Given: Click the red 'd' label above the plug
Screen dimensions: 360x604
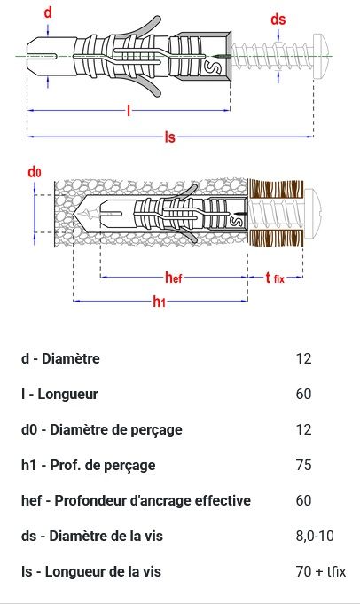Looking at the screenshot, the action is pyautogui.click(x=48, y=12).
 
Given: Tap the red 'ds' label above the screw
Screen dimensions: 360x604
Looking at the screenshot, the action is pyautogui.click(x=278, y=20).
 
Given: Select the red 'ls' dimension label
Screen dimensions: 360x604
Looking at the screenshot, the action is pyautogui.click(x=169, y=137).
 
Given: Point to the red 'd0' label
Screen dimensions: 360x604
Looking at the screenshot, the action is pyautogui.click(x=35, y=172).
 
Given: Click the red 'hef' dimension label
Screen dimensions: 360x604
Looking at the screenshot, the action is pyautogui.click(x=174, y=277).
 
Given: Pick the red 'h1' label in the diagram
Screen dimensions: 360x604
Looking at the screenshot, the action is pyautogui.click(x=159, y=302).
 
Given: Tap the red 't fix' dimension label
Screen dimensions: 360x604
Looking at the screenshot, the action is pyautogui.click(x=275, y=278).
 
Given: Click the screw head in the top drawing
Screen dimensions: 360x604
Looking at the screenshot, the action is pyautogui.click(x=322, y=56).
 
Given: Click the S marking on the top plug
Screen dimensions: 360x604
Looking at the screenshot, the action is pyautogui.click(x=216, y=67).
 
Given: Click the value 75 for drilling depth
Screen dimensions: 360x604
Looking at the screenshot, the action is pyautogui.click(x=303, y=465).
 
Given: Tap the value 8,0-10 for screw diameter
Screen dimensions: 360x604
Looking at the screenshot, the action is pyautogui.click(x=315, y=536).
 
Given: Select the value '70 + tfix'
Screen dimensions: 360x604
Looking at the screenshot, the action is pyautogui.click(x=321, y=571).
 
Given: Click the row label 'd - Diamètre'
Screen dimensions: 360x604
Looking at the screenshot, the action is pyautogui.click(x=60, y=358).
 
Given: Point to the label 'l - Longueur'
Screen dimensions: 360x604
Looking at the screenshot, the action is pyautogui.click(x=59, y=394).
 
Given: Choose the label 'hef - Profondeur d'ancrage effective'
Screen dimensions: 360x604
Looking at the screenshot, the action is pyautogui.click(x=136, y=500).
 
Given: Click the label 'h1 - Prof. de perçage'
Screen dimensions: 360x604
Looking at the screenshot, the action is pyautogui.click(x=88, y=465).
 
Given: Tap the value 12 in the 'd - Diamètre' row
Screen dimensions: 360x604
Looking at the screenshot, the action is pyautogui.click(x=303, y=358).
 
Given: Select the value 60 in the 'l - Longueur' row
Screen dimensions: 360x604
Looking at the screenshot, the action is pyautogui.click(x=303, y=394).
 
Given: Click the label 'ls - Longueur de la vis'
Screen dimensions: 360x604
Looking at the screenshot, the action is pyautogui.click(x=90, y=571).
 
